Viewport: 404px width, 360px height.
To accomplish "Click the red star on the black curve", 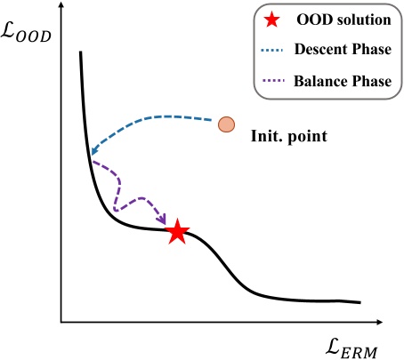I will [x=177, y=231].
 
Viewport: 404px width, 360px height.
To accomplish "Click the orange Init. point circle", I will [x=227, y=124].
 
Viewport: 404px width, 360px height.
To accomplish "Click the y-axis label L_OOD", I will [x=27, y=36].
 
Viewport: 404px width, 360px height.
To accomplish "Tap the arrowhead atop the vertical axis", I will [x=61, y=8].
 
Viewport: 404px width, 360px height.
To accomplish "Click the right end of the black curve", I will [x=360, y=302].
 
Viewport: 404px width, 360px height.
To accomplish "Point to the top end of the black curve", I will [x=80, y=52].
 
